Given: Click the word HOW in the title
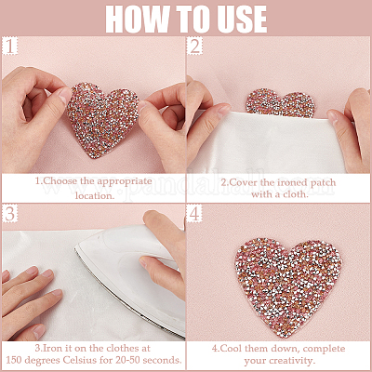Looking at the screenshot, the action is [x=138, y=19].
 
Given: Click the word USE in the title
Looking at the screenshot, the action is [x=239, y=19].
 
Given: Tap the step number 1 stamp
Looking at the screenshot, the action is [x=9, y=46].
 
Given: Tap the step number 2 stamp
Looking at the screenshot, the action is [x=194, y=46].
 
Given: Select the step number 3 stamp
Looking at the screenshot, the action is [x=9, y=214].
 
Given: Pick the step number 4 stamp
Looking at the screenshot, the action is [x=194, y=214].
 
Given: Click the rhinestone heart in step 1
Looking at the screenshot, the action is [x=102, y=119].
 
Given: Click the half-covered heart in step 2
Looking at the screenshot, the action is [x=281, y=103].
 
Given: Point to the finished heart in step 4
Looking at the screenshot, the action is [x=288, y=286].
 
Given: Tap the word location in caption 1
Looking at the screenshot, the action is [x=93, y=195].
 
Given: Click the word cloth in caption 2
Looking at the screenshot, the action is [x=294, y=194].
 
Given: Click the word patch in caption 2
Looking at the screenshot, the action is [x=324, y=182].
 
